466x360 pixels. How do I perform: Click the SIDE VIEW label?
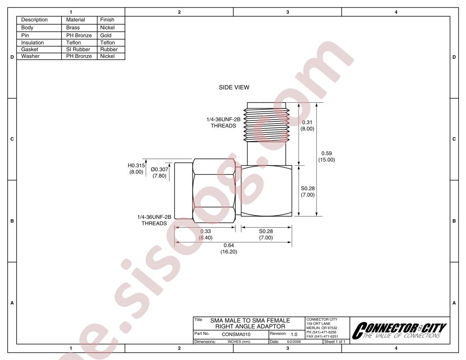[x=234, y=87]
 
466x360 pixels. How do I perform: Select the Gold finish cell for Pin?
[x=106, y=35]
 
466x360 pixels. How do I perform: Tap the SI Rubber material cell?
[x=78, y=49]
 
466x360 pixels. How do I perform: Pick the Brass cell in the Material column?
[x=73, y=28]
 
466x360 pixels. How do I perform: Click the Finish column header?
[x=107, y=19]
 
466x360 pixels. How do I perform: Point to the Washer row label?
[x=30, y=56]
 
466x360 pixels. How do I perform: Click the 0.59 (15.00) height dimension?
[x=327, y=157]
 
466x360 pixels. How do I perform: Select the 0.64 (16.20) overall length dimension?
[x=229, y=249]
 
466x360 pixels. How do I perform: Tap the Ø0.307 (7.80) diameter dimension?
[x=160, y=172]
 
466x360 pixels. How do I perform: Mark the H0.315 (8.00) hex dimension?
[x=136, y=169]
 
